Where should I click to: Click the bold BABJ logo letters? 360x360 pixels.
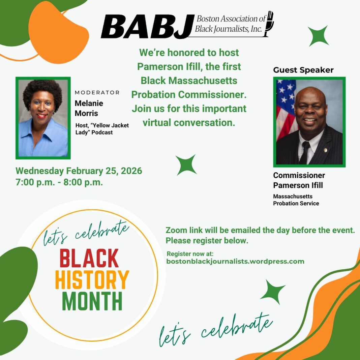pyautogui.click(x=147, y=26)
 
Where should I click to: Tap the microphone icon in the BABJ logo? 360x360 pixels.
pyautogui.click(x=269, y=24)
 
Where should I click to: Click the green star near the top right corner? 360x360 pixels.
pyautogui.click(x=319, y=36)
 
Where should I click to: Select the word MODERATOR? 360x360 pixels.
pyautogui.click(x=97, y=92)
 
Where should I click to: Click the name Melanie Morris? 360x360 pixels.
pyautogui.click(x=89, y=108)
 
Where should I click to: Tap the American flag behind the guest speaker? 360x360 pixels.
pyautogui.click(x=286, y=110)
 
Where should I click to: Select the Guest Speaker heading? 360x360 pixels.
pyautogui.click(x=303, y=70)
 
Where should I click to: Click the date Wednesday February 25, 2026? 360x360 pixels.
pyautogui.click(x=79, y=171)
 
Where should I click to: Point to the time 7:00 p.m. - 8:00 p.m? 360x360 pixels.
pyautogui.click(x=59, y=182)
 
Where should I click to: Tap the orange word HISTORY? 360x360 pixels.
pyautogui.click(x=92, y=280)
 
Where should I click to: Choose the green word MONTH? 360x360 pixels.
pyautogui.click(x=92, y=301)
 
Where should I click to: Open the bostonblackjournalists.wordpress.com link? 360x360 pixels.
pyautogui.click(x=235, y=262)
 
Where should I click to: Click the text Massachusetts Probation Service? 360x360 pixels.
pyautogui.click(x=296, y=200)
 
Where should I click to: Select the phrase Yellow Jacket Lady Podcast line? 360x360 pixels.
pyautogui.click(x=102, y=129)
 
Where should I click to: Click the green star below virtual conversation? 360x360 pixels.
pyautogui.click(x=186, y=165)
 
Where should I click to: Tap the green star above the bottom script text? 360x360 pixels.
pyautogui.click(x=273, y=292)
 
